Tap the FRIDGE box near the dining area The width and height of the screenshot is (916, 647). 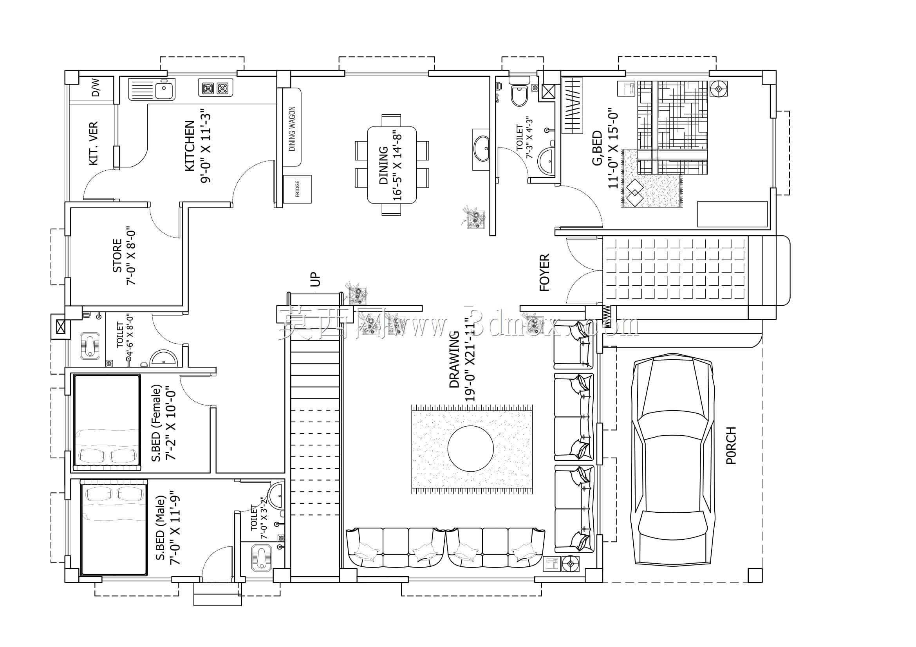click(x=297, y=189)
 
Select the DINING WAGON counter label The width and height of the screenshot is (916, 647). click(x=292, y=129)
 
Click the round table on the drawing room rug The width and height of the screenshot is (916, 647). click(x=471, y=449)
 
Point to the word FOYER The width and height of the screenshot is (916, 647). click(x=544, y=272)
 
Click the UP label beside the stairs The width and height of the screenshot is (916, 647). click(x=315, y=279)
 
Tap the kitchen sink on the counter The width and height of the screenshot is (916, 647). click(x=152, y=89)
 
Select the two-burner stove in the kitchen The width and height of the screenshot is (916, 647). click(x=215, y=88)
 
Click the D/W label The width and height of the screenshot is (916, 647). click(x=96, y=88)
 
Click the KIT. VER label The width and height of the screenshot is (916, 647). click(x=93, y=143)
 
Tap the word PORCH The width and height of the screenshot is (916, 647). click(x=731, y=445)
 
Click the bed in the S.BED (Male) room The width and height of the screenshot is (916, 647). click(x=114, y=527)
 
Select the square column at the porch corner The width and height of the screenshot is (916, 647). click(x=755, y=575)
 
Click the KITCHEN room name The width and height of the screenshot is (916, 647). click(x=190, y=146)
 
